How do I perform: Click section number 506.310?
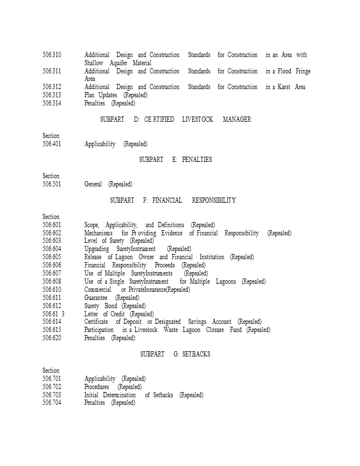point(51,55)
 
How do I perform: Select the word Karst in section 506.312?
point(285,87)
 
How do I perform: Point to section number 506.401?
point(51,144)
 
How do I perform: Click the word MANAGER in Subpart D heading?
point(237,119)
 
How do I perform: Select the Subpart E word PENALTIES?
point(197,160)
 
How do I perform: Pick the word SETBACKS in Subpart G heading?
point(196,354)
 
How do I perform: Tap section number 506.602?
point(51,233)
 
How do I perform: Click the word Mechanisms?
point(98,233)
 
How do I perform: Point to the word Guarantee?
point(96,298)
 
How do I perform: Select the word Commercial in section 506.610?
point(98,290)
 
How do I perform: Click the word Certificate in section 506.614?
point(96,322)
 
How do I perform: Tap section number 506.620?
point(51,338)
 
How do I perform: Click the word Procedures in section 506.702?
point(97,387)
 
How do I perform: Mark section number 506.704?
point(51,403)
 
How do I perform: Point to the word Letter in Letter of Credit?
point(91,314)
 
